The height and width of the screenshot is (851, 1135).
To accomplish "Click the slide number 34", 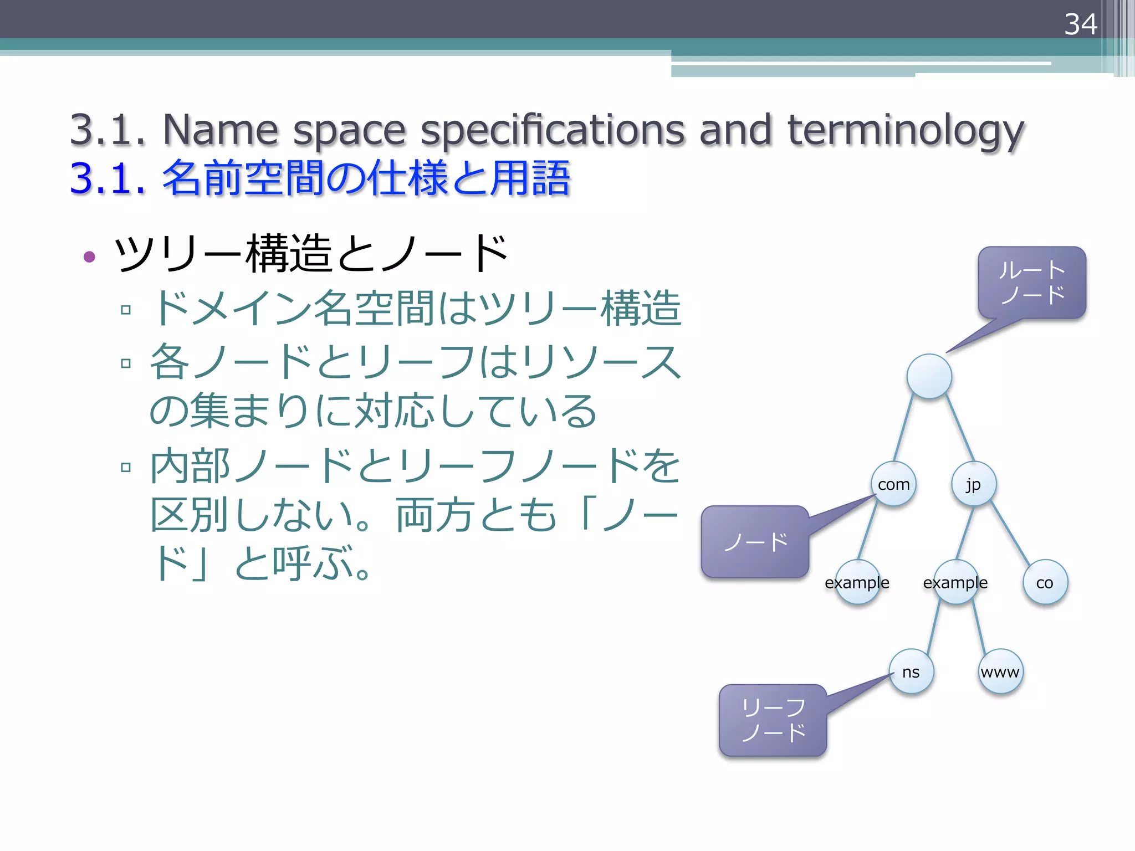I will point(1080,24).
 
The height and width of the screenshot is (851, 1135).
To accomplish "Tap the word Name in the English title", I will point(220,130).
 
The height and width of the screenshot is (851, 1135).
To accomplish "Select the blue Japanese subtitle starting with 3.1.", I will point(320,178).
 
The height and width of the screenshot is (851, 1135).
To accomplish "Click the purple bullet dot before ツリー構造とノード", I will point(89,257).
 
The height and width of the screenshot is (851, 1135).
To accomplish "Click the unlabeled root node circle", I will point(929,376).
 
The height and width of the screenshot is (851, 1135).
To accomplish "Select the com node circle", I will point(893,484).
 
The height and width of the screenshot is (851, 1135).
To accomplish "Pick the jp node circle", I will point(974,484).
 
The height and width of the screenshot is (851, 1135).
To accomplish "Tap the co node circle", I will point(1045,582).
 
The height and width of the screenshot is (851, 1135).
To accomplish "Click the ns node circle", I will point(911,671).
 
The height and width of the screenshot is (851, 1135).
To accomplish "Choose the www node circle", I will point(1000,671).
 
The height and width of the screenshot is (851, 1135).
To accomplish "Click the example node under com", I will point(857,582).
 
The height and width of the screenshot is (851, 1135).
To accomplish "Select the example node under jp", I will point(955,582).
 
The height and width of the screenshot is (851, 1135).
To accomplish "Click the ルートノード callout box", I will point(1032,283).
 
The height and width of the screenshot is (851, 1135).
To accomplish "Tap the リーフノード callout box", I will point(773,720).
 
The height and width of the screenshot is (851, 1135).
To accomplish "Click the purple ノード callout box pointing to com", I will point(755,542).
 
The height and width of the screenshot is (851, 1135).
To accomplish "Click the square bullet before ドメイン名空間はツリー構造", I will point(126,310).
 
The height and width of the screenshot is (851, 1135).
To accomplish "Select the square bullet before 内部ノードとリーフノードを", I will point(126,467).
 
